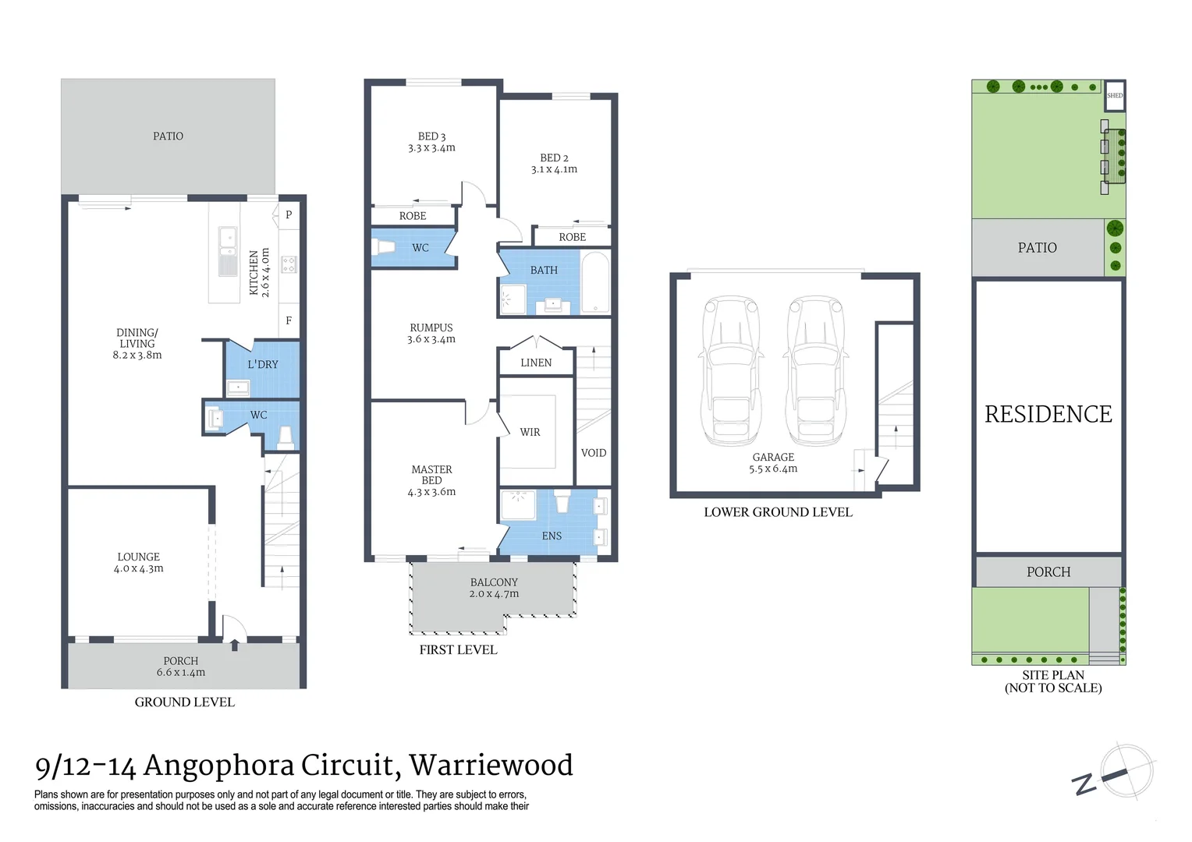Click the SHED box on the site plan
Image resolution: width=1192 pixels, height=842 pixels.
[1115, 96]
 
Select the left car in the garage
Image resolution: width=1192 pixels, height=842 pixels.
[731, 370]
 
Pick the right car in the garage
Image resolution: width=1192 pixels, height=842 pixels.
[815, 370]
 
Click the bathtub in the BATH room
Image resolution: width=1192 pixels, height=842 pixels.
[596, 282]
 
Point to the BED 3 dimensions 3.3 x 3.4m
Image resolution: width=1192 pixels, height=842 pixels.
[431, 148]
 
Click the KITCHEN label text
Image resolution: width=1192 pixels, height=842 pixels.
[254, 273]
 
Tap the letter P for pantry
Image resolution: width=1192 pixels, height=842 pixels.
[289, 215]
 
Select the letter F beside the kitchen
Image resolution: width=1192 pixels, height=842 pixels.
[289, 320]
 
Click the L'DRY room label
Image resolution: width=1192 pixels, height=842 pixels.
[263, 365]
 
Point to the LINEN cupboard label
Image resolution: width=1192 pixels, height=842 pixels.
[536, 363]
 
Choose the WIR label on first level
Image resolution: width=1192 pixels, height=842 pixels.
[530, 432]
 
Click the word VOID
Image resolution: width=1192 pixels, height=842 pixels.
[594, 453]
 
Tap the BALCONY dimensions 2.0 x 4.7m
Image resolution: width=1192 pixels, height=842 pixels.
[494, 594]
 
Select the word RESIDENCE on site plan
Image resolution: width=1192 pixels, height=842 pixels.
[1048, 414]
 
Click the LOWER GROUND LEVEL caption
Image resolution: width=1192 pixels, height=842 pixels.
[778, 512]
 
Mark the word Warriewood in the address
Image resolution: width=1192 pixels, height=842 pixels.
[491, 766]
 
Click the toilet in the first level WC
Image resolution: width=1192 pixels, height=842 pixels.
[385, 247]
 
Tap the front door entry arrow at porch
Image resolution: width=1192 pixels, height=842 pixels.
[235, 644]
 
